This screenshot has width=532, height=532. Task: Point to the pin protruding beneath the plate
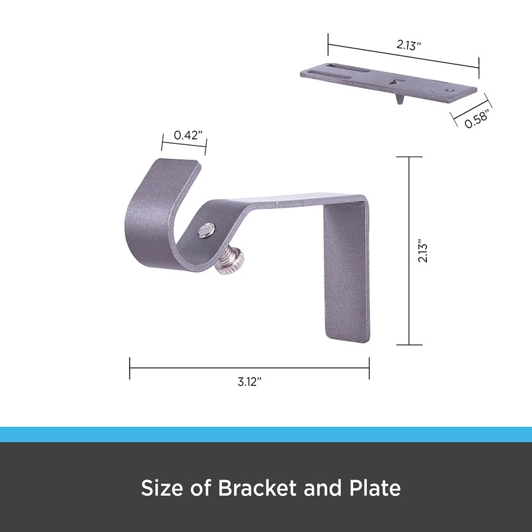[398, 99]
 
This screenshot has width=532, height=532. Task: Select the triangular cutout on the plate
[397, 83]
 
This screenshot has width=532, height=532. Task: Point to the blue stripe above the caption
[266, 434]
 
